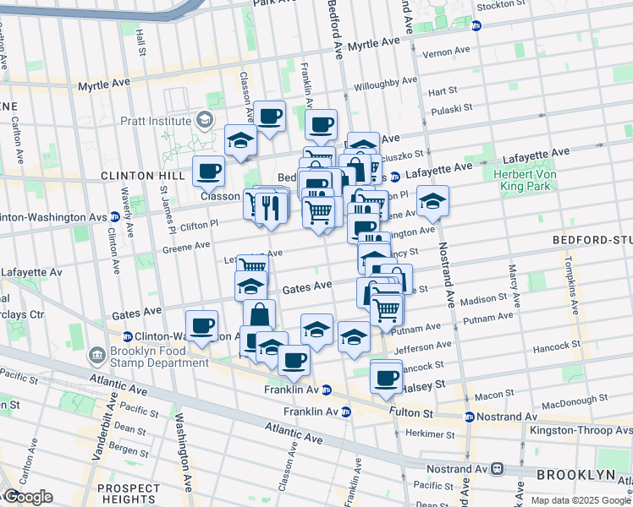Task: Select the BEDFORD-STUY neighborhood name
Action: (592, 240)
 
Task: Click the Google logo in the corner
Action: (27, 498)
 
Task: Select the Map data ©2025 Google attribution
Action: (581, 500)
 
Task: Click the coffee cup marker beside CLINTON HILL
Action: (208, 172)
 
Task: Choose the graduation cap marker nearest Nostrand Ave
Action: (432, 201)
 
